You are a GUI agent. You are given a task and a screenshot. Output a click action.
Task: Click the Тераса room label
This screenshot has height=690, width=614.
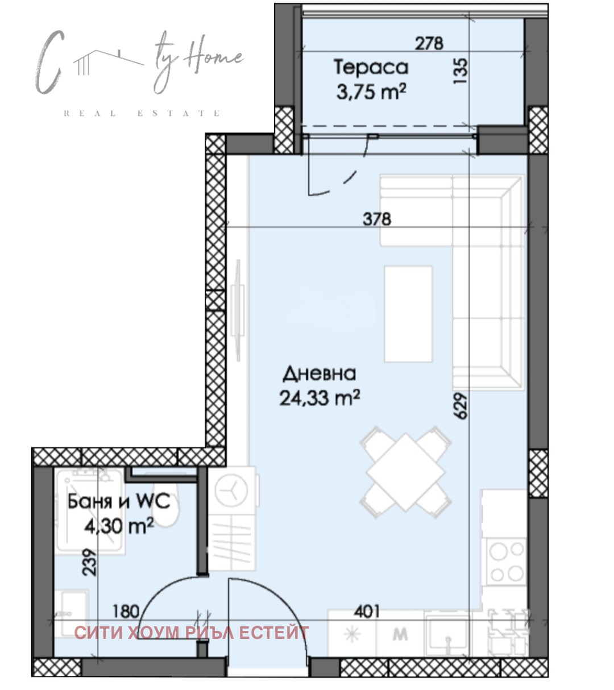point(371,68)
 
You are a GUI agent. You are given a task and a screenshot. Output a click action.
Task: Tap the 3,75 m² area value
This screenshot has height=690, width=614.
point(371,92)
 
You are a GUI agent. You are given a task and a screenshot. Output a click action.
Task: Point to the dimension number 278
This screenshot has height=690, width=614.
point(429,43)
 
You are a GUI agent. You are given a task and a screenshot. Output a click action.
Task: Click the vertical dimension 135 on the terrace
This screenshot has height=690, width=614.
point(460,71)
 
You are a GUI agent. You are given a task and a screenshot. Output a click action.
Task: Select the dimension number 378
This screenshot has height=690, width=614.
point(377,219)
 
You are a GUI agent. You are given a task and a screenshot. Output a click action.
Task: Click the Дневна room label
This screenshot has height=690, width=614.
point(320,373)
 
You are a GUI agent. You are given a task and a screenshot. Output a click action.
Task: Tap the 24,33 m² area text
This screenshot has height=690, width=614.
point(320,397)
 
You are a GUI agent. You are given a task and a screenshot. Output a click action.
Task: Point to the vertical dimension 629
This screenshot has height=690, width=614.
point(460,406)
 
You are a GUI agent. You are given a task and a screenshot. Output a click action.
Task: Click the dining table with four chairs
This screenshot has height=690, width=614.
point(405,472)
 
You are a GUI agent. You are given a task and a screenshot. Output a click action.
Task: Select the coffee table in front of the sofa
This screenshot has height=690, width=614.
point(409,314)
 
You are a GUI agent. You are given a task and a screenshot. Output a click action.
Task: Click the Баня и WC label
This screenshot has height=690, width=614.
point(119,501)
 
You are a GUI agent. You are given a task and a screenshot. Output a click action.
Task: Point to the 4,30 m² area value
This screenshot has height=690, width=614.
point(119,526)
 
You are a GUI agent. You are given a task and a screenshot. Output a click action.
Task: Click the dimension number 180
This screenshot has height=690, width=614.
point(126,612)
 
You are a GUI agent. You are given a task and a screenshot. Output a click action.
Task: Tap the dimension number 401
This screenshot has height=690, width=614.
point(367,612)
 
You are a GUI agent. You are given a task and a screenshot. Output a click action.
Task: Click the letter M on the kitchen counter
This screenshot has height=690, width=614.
point(400,634)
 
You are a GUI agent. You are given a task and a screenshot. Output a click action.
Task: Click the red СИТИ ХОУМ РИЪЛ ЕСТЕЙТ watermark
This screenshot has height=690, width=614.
point(192,633)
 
